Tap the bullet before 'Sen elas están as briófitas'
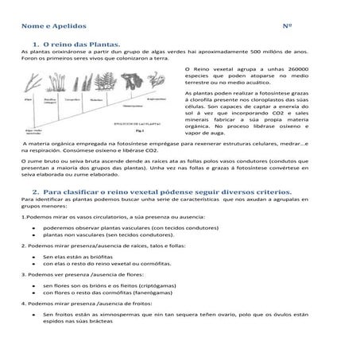(x=31, y=257)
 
